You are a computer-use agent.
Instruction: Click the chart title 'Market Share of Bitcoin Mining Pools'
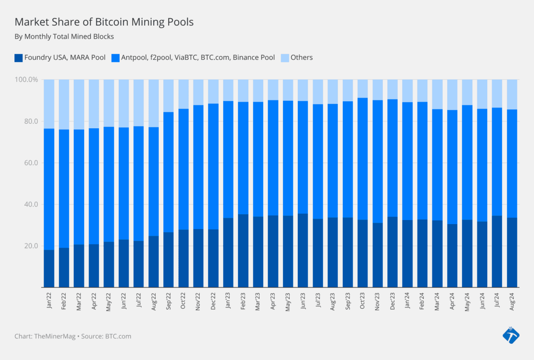click(x=104, y=22)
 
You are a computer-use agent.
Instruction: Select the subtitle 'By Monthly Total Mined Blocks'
click(x=64, y=36)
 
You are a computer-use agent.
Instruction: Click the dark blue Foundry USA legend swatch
click(x=18, y=58)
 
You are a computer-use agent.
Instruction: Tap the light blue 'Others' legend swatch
click(x=284, y=58)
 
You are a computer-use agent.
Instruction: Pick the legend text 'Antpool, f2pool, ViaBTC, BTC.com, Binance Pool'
click(x=197, y=58)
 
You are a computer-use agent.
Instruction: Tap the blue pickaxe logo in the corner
click(x=511, y=335)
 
